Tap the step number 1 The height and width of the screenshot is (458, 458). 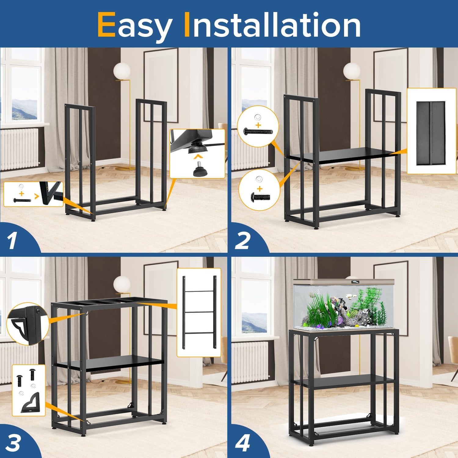pyautogui.click(x=12, y=241)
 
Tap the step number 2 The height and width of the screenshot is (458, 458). pyautogui.click(x=243, y=241)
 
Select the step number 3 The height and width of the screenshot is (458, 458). pyautogui.click(x=13, y=443)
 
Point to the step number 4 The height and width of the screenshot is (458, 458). pyautogui.click(x=243, y=443)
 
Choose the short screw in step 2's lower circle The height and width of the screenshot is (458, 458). pyautogui.click(x=260, y=197)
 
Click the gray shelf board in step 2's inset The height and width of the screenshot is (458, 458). pyautogui.click(x=431, y=133)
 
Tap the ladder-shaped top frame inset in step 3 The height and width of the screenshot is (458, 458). pyautogui.click(x=199, y=312)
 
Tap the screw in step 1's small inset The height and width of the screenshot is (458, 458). pyautogui.click(x=22, y=200)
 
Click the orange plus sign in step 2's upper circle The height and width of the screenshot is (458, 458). pyautogui.click(x=258, y=125)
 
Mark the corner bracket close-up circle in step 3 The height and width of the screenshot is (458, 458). pyautogui.click(x=28, y=324)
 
